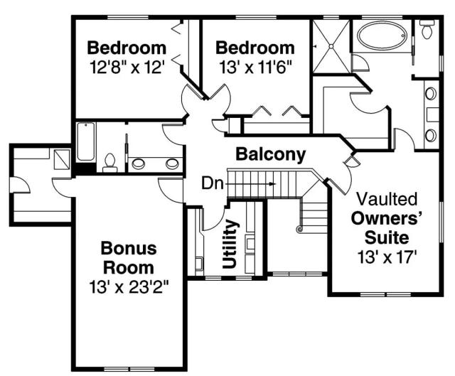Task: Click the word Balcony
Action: click(x=270, y=155)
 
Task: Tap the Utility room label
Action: click(x=230, y=244)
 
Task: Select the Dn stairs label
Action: click(x=213, y=183)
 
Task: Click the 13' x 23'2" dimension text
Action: click(x=129, y=287)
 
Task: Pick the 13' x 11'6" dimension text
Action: click(x=255, y=68)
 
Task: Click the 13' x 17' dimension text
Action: click(x=387, y=257)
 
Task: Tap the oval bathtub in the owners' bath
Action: click(x=381, y=36)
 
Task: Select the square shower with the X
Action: click(x=331, y=46)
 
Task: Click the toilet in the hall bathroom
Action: click(x=110, y=163)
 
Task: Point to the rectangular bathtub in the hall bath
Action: click(x=86, y=142)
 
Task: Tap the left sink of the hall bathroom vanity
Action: click(x=139, y=164)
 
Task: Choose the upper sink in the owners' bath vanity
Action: click(x=431, y=94)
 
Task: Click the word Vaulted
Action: click(x=387, y=199)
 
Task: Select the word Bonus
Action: click(x=129, y=248)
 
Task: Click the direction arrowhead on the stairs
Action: click(x=272, y=184)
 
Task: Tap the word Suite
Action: click(x=387, y=237)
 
